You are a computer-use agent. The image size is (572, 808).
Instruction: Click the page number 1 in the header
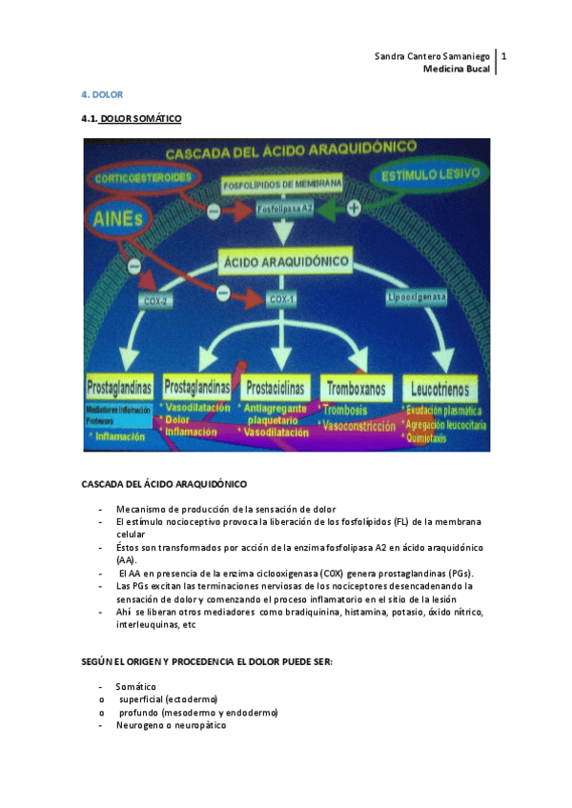pos(503,56)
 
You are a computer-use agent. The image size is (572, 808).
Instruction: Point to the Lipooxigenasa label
pos(416,298)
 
